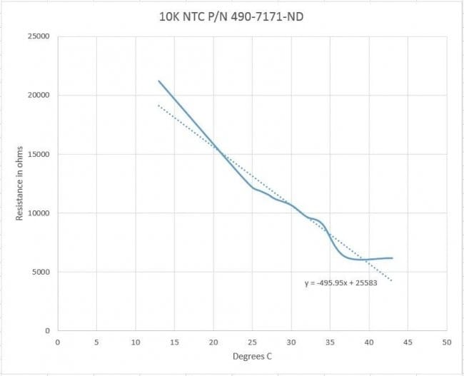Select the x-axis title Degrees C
coord(252,356)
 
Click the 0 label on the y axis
coord(48,330)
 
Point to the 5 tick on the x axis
coord(96,341)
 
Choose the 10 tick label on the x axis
coord(136,341)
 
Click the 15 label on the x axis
coord(174,341)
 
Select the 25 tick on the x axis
coord(252,341)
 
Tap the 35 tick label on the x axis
coord(330,341)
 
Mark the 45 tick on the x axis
coord(408,341)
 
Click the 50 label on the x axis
coord(446,341)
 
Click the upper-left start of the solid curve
coord(158,81)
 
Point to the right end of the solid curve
coord(392,258)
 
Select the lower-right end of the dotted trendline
coord(392,280)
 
